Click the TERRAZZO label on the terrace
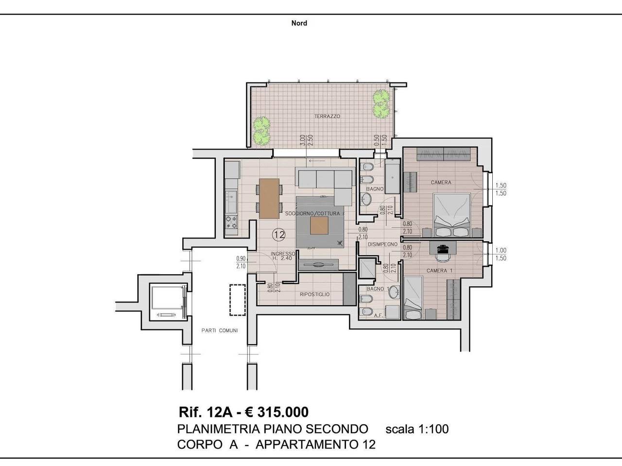click(x=328, y=116)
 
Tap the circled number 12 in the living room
click(x=278, y=234)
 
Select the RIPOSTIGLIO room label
click(x=314, y=294)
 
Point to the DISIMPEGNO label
click(x=382, y=244)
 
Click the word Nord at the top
click(x=299, y=23)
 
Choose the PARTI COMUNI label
click(x=220, y=330)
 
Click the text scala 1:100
click(x=417, y=429)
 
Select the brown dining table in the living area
click(x=269, y=199)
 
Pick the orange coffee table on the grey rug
click(x=319, y=226)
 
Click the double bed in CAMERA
click(x=452, y=215)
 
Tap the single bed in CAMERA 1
click(x=413, y=298)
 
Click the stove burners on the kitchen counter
click(x=231, y=222)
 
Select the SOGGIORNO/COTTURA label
click(x=312, y=214)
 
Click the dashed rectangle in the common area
click(x=238, y=300)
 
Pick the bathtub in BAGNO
click(x=393, y=177)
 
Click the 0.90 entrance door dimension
click(x=241, y=258)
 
